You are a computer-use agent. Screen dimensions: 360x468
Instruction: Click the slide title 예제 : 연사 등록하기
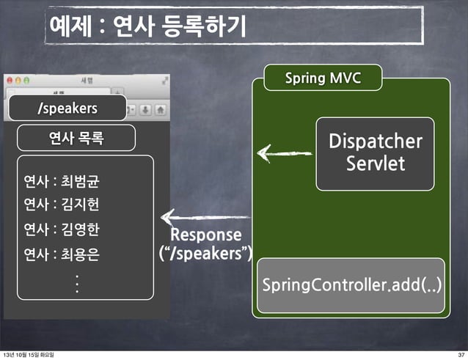[x=147, y=26]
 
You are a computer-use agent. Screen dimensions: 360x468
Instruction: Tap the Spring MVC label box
[x=323, y=78]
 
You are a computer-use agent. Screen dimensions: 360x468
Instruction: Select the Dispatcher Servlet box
[x=375, y=152]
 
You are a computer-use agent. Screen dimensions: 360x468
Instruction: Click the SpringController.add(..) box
[x=351, y=283]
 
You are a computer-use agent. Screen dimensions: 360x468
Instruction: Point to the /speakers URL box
[x=67, y=109]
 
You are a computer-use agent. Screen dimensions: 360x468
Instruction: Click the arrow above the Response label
[x=205, y=217]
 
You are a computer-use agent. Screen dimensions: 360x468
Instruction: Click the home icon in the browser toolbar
[x=159, y=109]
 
